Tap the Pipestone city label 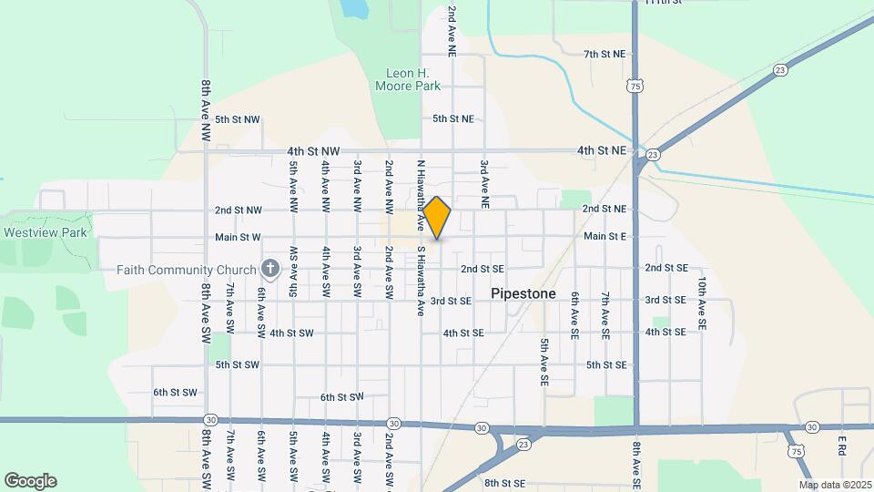[x=523, y=293]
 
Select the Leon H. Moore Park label [x=408, y=79]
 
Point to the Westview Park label [x=45, y=232]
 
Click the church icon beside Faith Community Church [x=269, y=269]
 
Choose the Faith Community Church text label [x=187, y=270]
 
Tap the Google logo [x=30, y=480]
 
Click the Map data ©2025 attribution [x=834, y=485]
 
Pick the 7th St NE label [x=605, y=54]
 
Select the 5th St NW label [x=237, y=119]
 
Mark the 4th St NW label [x=313, y=150]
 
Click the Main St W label [x=238, y=237]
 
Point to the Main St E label [x=605, y=236]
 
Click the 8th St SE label [x=504, y=483]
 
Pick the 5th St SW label [x=238, y=364]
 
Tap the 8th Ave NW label [x=206, y=109]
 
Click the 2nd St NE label [x=605, y=209]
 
